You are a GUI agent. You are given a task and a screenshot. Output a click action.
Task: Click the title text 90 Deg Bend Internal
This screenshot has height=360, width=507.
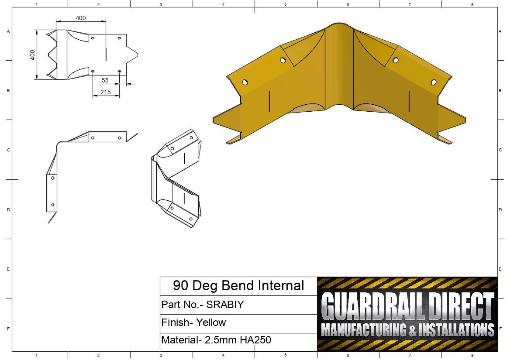pyautogui.click(x=238, y=286)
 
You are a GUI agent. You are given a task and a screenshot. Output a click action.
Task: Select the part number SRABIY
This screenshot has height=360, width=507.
pyautogui.click(x=225, y=305)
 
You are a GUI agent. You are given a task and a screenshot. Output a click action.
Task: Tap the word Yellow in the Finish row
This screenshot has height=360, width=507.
pyautogui.click(x=211, y=323)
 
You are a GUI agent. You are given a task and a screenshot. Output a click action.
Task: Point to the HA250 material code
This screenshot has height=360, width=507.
pyautogui.click(x=255, y=340)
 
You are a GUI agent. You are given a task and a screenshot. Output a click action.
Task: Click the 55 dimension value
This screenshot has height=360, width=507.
pyautogui.click(x=105, y=80)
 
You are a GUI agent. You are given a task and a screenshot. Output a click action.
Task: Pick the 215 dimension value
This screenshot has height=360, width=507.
pyautogui.click(x=105, y=92)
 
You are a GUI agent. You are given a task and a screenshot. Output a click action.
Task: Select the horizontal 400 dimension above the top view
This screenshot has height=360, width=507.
pyautogui.click(x=81, y=18)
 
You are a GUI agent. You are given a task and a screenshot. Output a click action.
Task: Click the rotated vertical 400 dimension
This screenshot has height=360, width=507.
pyautogui.click(x=32, y=55)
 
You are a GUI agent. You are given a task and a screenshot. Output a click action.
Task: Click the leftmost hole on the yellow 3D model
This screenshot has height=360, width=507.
pyautogui.click(x=245, y=82)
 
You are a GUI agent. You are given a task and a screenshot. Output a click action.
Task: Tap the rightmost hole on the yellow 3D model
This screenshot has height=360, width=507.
pyautogui.click(x=434, y=82)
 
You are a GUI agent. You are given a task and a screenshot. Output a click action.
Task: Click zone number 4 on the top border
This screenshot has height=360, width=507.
pyautogui.click(x=223, y=4)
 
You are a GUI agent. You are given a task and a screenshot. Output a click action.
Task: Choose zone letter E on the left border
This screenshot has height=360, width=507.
pyautogui.click(x=8, y=269)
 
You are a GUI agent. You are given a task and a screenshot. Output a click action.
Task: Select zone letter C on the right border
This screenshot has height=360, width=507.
pyautogui.click(x=500, y=150)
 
